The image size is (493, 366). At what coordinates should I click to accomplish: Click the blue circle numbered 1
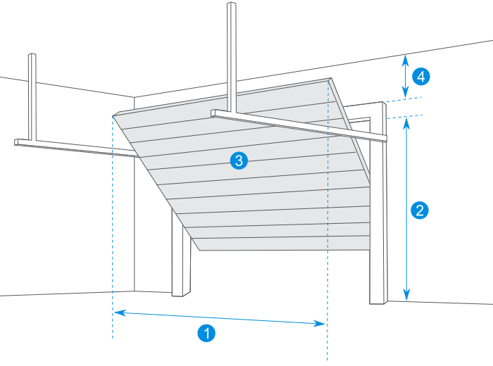tap(206, 332)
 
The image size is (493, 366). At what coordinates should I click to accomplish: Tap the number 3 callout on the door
tap(239, 161)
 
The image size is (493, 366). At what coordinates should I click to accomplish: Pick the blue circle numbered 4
tap(420, 76)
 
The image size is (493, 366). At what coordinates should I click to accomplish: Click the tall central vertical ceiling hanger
tap(231, 56)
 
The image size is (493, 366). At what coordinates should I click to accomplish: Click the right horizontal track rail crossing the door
tap(296, 123)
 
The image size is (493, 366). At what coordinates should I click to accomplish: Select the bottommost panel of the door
tap(282, 244)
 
